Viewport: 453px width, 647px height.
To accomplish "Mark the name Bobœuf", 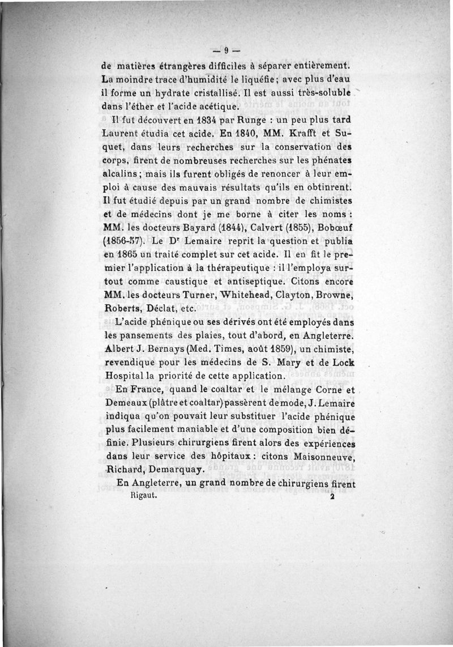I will pyautogui.click(x=332, y=228).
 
